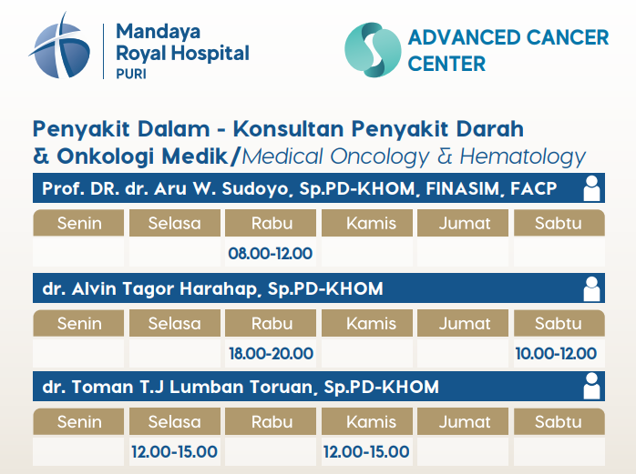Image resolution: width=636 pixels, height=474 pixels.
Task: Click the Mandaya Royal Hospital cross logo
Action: tap(60, 46)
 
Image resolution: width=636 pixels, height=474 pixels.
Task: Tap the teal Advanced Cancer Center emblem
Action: tap(373, 50)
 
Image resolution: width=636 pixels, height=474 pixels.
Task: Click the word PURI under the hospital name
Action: tap(131, 74)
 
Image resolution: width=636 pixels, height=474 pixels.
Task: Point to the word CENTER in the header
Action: tap(446, 64)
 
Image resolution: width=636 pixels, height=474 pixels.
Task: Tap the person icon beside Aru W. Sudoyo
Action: tap(591, 188)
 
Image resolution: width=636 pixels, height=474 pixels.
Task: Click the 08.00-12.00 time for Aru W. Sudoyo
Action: tap(270, 254)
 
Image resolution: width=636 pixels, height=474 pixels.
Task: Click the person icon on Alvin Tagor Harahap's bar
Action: tap(591, 288)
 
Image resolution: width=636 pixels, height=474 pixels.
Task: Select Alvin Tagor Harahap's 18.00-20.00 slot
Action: tap(271, 354)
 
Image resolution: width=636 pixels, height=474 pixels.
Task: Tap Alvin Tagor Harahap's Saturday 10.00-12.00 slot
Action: tap(556, 354)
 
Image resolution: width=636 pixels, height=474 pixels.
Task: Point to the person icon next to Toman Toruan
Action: tap(591, 386)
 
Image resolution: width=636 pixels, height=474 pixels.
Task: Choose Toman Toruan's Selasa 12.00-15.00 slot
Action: tap(174, 452)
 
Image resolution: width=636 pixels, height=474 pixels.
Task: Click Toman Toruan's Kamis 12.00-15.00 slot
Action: tap(366, 452)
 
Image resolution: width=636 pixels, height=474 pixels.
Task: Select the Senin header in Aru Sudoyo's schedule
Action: tap(79, 223)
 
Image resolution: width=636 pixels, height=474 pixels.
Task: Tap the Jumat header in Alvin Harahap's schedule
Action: tap(465, 324)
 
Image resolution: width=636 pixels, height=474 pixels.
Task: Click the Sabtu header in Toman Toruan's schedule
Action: tap(559, 422)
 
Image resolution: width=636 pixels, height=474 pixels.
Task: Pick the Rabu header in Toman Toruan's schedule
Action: tap(272, 422)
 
